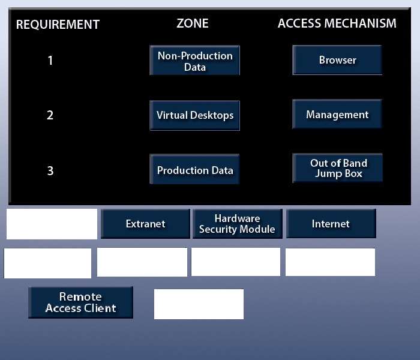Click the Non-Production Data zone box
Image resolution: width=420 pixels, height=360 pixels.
(195, 60)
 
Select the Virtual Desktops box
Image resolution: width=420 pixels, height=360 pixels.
(195, 115)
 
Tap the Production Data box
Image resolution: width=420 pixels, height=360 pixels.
(194, 169)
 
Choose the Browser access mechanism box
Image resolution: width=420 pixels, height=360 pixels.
(337, 60)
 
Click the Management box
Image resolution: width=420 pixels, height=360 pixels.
(337, 115)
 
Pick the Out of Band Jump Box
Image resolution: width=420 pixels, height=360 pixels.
(337, 168)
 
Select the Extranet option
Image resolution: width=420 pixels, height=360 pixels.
(145, 224)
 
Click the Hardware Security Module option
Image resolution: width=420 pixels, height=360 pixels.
(238, 224)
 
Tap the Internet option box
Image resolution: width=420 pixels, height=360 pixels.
(331, 224)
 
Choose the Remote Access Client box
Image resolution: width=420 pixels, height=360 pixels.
(80, 302)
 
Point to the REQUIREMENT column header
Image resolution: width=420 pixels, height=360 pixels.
(58, 25)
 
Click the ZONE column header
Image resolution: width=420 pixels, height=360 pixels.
(193, 23)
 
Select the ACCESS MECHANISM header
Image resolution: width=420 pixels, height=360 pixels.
(337, 23)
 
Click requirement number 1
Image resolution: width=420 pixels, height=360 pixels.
(50, 61)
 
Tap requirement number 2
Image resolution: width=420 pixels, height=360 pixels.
(50, 115)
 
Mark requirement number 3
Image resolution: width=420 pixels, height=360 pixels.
(50, 170)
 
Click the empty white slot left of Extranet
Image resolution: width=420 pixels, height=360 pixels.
(52, 224)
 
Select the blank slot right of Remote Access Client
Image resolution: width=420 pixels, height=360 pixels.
(199, 304)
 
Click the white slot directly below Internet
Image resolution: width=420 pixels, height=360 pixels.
(330, 262)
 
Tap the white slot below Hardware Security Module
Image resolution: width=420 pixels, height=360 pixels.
(236, 262)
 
